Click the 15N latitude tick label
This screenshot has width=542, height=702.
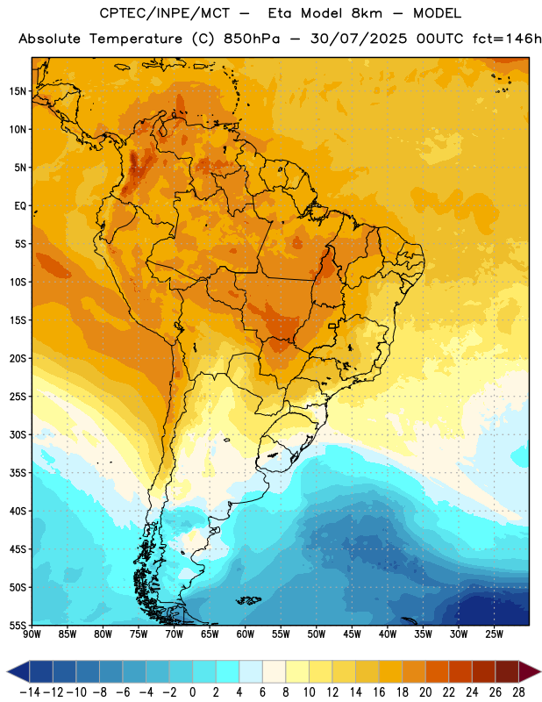18,91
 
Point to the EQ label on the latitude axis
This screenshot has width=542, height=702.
20,206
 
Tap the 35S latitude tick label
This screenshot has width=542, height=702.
18,473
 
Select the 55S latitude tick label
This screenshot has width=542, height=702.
18,625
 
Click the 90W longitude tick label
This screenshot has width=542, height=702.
32,634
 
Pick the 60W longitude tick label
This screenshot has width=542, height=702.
246,634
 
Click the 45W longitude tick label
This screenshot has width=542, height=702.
352,634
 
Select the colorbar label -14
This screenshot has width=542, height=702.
31,692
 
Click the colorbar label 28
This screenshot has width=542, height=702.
518,692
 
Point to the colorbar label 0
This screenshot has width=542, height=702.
193,692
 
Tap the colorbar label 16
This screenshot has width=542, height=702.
379,692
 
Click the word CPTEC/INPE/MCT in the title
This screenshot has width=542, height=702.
165,13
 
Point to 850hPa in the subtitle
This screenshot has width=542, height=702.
252,39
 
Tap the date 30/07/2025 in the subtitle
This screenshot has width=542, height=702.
359,39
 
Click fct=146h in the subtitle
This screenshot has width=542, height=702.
507,39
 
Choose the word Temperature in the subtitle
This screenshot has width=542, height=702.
136,39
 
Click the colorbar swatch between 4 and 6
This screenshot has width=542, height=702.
251,671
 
